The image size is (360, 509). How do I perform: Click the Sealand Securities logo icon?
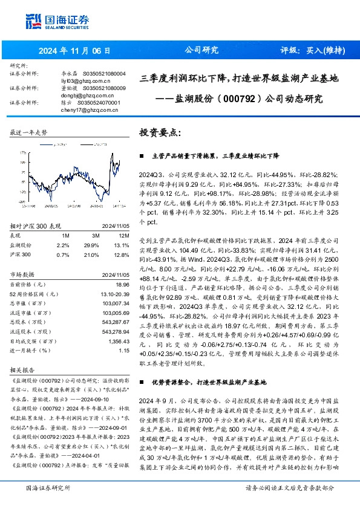[33, 22]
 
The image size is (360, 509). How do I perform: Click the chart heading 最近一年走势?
[29, 132]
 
